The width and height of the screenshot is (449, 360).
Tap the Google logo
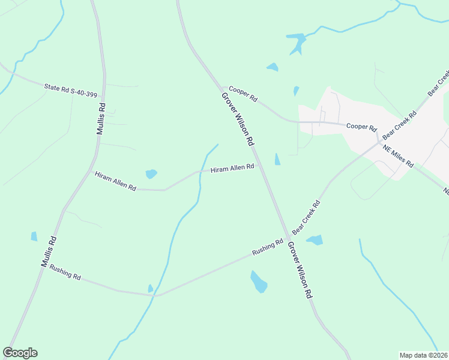tap(20, 353)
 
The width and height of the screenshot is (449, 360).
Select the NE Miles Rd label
tap(399, 155)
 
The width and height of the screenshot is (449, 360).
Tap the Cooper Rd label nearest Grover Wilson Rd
tap(243, 93)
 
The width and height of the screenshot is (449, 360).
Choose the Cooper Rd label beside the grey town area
tap(361, 127)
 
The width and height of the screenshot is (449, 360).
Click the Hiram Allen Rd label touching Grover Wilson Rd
tap(232, 169)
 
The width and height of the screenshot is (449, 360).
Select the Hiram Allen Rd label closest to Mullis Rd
tap(115, 181)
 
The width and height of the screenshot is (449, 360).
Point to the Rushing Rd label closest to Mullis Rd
tap(65, 272)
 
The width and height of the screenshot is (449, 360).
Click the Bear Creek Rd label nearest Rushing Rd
tap(306, 217)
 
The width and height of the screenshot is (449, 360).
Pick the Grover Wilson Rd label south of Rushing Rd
tap(300, 271)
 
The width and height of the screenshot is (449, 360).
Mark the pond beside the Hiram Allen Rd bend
tap(151, 174)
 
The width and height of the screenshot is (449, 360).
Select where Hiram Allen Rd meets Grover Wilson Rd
tap(259, 166)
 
